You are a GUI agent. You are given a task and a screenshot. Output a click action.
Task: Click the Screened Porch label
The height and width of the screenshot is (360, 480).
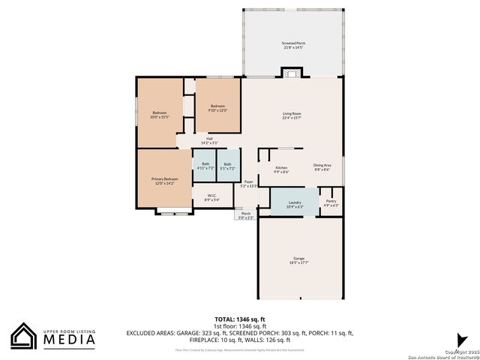tap(293, 46)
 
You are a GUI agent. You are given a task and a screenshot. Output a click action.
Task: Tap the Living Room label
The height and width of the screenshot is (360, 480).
tap(292, 115)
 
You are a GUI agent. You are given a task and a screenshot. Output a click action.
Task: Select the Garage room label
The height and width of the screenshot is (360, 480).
tap(298, 260)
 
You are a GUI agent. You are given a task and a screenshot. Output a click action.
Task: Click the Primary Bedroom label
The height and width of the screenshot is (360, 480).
tap(164, 181)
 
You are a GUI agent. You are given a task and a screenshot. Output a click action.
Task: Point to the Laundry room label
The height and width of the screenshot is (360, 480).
tap(295, 203)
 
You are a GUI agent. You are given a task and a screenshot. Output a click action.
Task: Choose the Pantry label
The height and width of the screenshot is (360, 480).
tap(331, 202)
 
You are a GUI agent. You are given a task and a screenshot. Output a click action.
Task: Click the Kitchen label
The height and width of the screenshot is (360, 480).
tap(281, 169)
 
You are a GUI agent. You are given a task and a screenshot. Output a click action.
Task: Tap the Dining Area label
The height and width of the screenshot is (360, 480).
tap(322, 169)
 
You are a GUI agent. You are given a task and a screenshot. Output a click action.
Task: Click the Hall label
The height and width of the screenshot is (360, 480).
tap(209, 140)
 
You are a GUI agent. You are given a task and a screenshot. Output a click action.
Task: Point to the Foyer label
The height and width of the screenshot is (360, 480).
tap(248, 184)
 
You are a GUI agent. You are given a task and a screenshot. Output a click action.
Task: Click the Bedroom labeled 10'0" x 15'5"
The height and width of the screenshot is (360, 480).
tap(160, 115)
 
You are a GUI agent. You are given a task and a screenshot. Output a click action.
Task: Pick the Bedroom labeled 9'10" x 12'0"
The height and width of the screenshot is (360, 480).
tap(217, 108)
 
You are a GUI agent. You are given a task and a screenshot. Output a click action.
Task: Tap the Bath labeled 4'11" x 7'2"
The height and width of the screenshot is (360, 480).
tap(205, 166)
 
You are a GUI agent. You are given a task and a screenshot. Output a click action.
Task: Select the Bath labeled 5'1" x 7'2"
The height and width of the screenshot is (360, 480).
tap(227, 166)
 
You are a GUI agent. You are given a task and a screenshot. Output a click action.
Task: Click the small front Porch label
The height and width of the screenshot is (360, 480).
tap(246, 215)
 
